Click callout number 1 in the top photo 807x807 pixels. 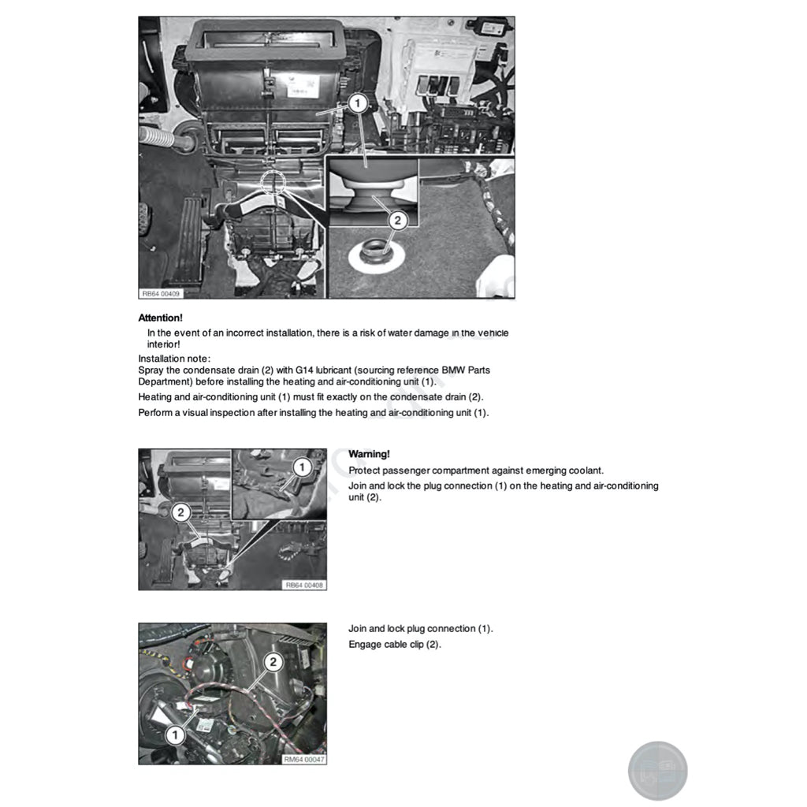tap(356, 102)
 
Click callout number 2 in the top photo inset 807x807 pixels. tap(397, 221)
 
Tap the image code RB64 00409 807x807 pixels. tap(161, 293)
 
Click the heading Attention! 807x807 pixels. tap(160, 318)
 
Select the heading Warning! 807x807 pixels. tap(369, 454)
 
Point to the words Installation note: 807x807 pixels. tap(174, 359)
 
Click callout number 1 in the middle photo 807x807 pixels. tap(300, 467)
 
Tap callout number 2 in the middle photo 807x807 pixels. tap(180, 513)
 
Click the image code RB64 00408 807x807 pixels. tap(305, 585)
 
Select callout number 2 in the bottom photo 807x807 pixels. tap(273, 662)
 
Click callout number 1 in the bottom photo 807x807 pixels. tap(175, 734)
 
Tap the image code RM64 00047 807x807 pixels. tap(304, 759)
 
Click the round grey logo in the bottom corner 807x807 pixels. tap(657, 771)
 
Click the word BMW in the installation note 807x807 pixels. tap(457, 370)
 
